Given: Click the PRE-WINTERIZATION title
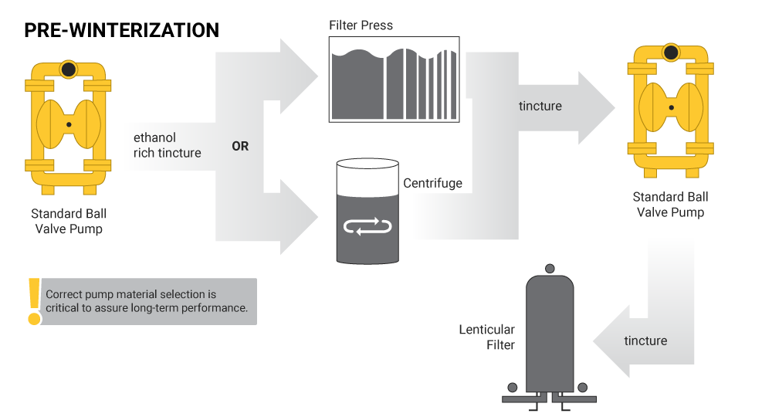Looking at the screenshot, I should pyautogui.click(x=122, y=30).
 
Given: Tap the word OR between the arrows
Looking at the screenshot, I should pyautogui.click(x=240, y=146).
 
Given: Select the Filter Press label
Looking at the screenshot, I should pyautogui.click(x=361, y=25).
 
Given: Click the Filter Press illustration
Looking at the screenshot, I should pyautogui.click(x=394, y=80).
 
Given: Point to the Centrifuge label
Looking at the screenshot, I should pyautogui.click(x=433, y=183).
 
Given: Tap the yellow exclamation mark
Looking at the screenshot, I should pyautogui.click(x=33, y=302).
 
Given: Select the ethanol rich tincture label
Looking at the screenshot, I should pyautogui.click(x=167, y=145).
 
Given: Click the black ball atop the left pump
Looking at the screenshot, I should pyautogui.click(x=69, y=69).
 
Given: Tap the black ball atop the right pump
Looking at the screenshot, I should pyautogui.click(x=671, y=53).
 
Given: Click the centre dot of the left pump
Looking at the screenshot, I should pyautogui.click(x=69, y=124).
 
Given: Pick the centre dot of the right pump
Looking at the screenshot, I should pyautogui.click(x=671, y=107).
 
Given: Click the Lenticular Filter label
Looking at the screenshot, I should pyautogui.click(x=487, y=337).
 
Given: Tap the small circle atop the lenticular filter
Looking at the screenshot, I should pyautogui.click(x=550, y=268).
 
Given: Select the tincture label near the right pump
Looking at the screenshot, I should pyautogui.click(x=540, y=106).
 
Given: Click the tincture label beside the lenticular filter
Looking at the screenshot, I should pyautogui.click(x=645, y=341).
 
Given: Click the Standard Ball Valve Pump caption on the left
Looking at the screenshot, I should pyautogui.click(x=69, y=221).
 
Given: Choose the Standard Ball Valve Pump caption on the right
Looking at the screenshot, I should pyautogui.click(x=670, y=205).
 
